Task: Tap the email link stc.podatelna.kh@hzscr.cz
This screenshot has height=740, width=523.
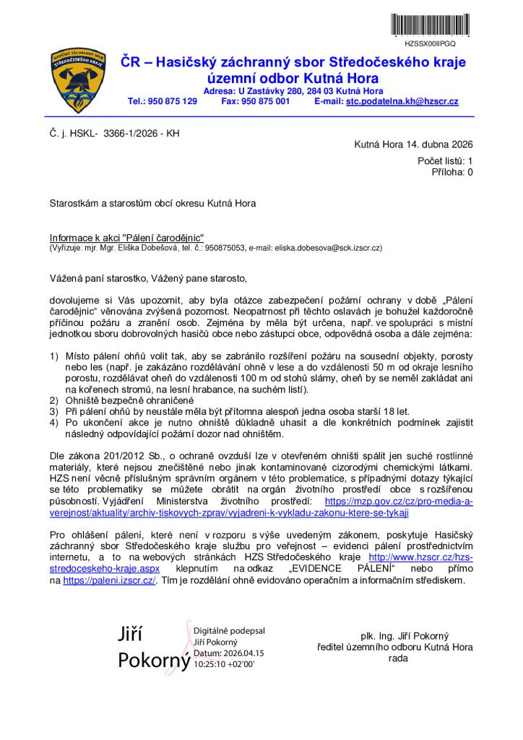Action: (x=402, y=102)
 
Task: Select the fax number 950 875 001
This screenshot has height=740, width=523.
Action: (x=265, y=102)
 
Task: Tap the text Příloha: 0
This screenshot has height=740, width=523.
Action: (x=452, y=172)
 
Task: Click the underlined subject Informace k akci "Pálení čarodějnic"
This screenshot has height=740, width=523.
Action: (x=127, y=237)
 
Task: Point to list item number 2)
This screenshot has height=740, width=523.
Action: (x=54, y=400)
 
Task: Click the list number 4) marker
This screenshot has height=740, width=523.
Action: (x=54, y=422)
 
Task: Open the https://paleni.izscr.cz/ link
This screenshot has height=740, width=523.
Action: (x=109, y=580)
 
